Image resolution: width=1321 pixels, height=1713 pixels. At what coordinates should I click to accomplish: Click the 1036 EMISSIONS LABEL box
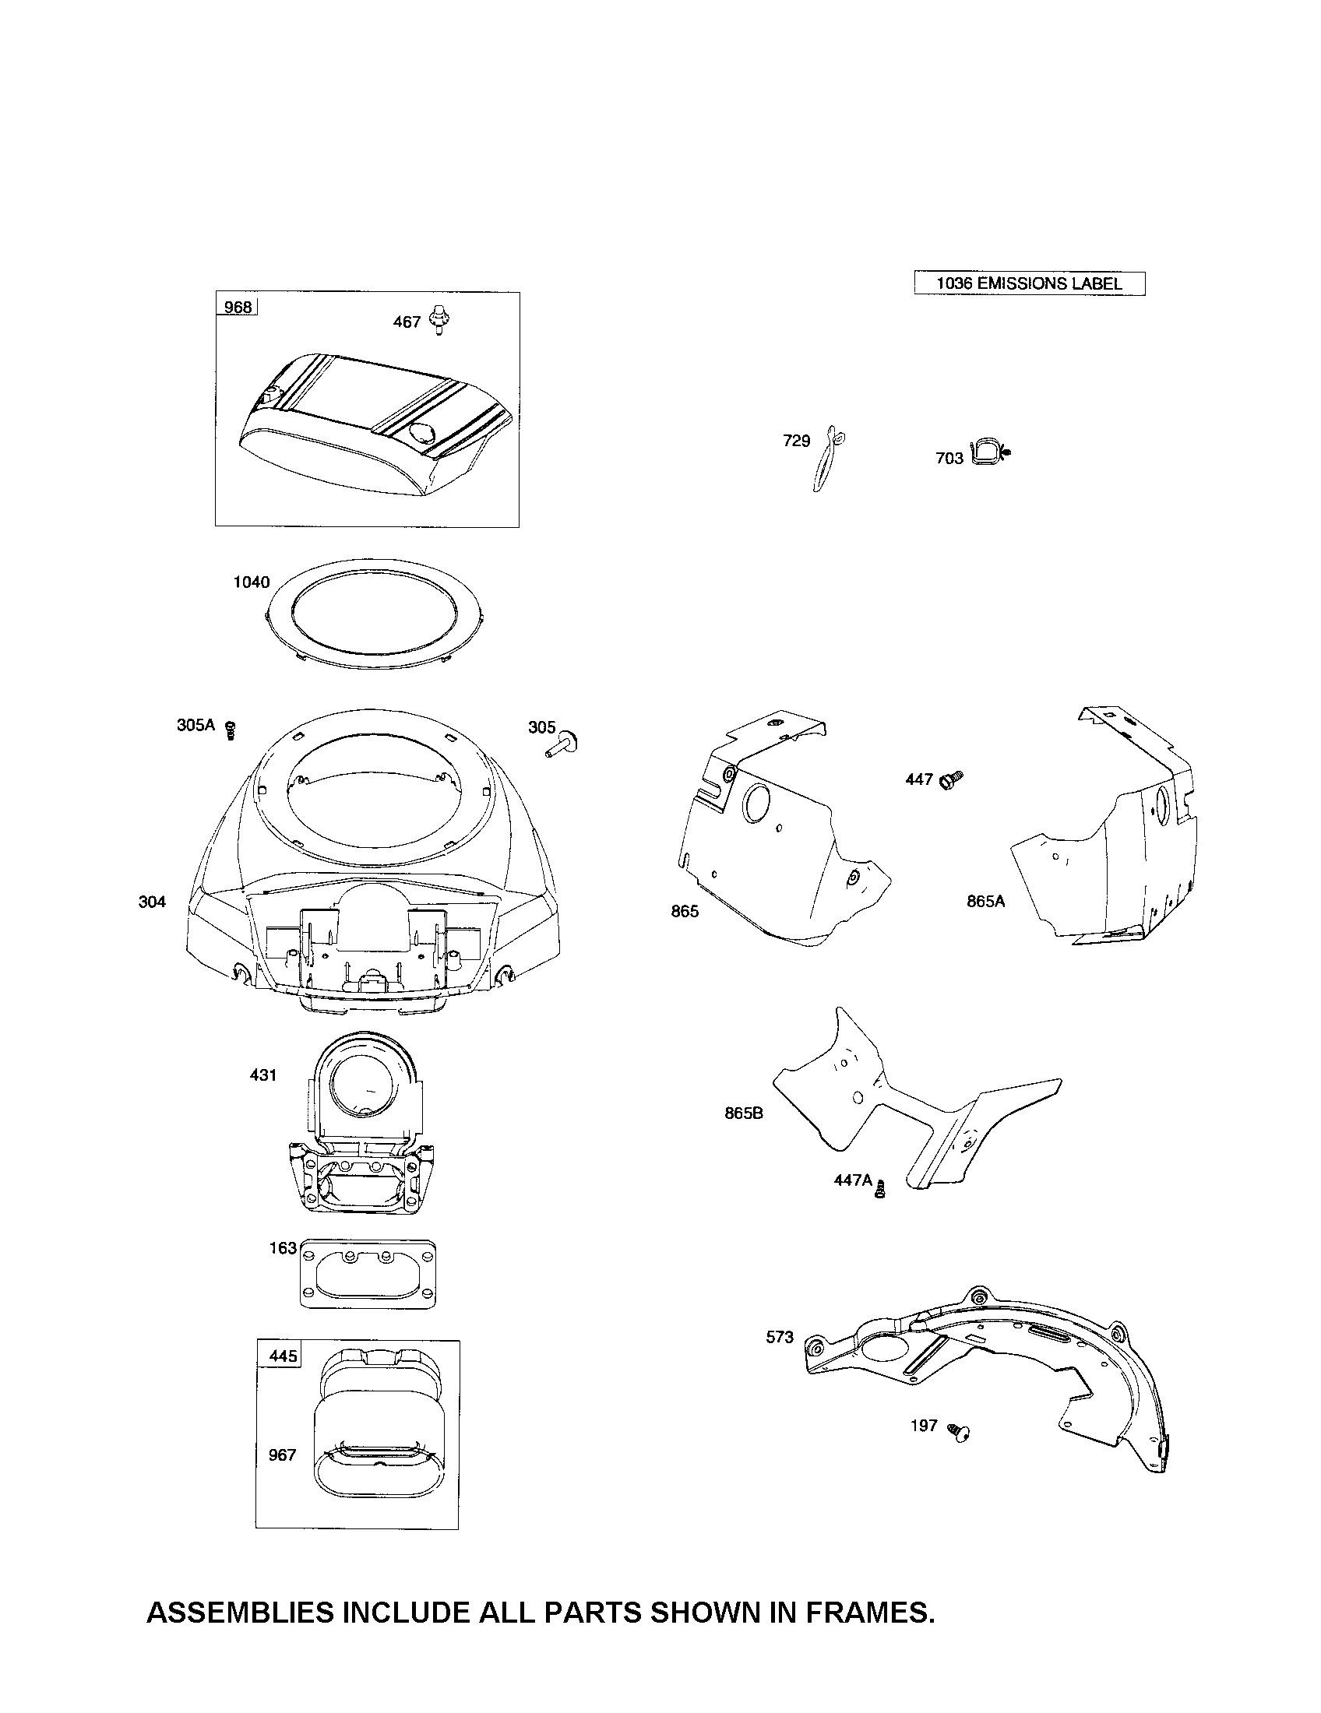(1028, 283)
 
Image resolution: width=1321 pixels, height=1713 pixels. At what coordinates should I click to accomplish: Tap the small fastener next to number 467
(441, 322)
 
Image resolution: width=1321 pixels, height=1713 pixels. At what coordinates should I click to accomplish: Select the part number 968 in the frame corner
(237, 307)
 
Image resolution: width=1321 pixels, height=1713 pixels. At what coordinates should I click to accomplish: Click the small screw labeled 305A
(231, 730)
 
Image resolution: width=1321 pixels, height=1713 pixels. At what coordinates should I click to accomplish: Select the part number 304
(152, 902)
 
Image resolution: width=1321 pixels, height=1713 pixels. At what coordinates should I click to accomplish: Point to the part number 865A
(985, 902)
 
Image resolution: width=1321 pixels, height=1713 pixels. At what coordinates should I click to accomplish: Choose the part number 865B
(744, 1113)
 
